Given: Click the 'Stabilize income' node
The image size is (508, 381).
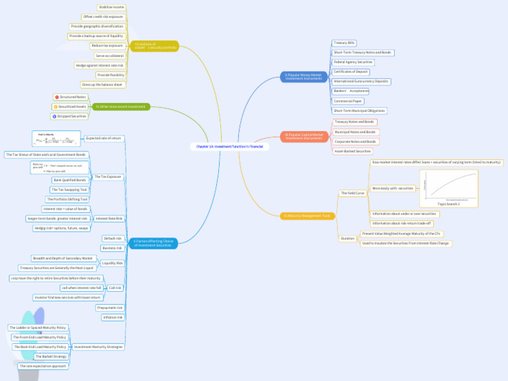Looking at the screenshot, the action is click(x=111, y=7).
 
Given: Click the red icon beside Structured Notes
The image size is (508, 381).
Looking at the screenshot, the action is click(x=57, y=97).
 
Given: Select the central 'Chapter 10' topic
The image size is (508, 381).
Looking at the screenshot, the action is click(x=230, y=146).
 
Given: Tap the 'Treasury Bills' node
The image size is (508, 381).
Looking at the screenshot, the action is click(x=345, y=42).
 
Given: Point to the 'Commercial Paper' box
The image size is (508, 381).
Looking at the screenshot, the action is click(x=348, y=101).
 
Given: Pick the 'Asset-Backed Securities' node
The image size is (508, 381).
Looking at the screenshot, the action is click(x=353, y=151).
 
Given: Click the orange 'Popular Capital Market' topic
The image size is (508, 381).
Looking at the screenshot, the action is click(x=304, y=136).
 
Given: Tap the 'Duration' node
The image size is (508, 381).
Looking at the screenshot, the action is click(x=347, y=238).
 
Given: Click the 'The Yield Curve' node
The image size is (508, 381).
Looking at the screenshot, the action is click(x=353, y=193).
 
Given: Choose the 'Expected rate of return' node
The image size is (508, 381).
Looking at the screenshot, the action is click(x=104, y=138).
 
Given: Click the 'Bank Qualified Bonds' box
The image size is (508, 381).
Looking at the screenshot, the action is click(x=70, y=180).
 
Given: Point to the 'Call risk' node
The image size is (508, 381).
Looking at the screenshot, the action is click(x=114, y=288).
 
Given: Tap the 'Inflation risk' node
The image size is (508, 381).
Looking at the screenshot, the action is click(x=113, y=317).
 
